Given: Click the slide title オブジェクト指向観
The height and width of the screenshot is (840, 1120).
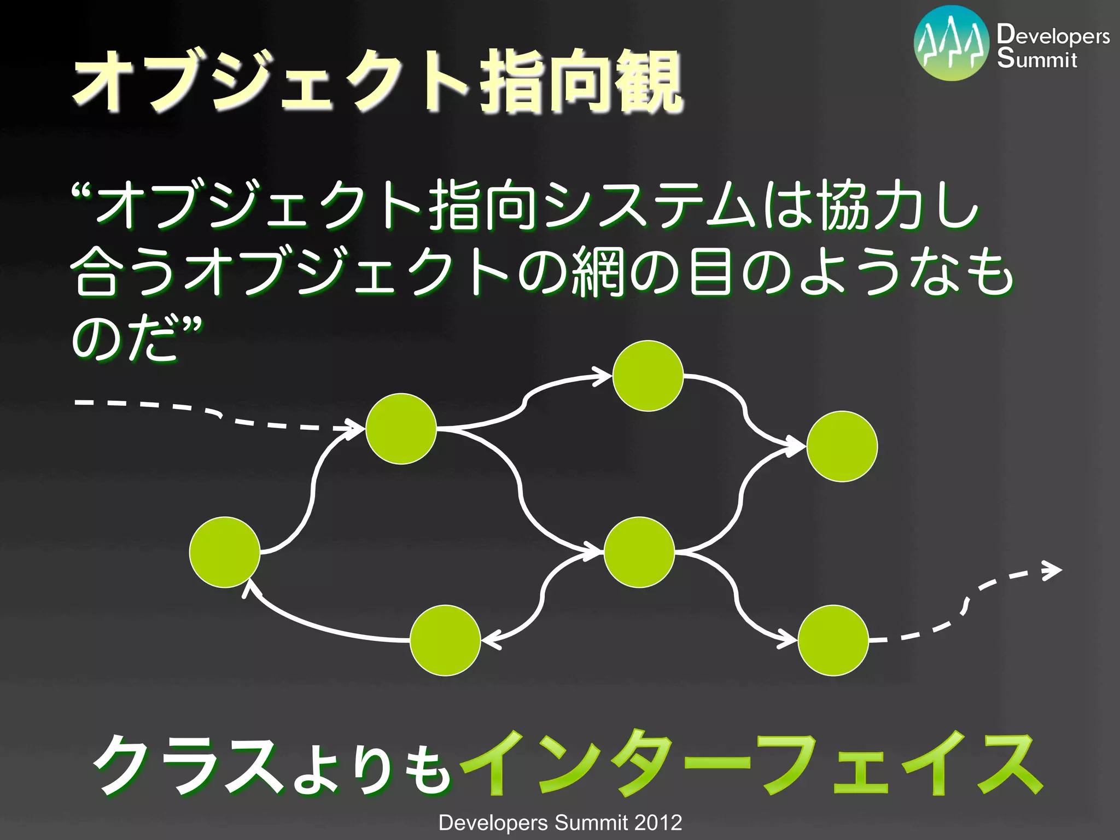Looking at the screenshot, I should pos(377,82).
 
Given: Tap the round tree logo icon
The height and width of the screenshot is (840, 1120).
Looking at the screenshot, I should pos(952,43).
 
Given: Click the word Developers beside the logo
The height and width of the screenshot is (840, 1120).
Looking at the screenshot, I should pos(1053,35).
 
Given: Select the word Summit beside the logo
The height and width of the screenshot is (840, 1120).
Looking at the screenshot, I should pos(1037,59).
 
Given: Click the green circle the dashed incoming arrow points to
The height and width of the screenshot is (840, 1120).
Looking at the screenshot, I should pos(401,429).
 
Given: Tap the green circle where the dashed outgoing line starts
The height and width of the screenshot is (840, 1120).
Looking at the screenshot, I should pos(833,640).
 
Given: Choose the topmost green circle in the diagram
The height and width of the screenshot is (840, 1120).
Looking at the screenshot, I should pos(648,376).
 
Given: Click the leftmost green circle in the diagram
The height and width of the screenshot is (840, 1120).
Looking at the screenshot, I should pos(225,552).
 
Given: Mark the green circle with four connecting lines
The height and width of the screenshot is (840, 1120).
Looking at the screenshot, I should pos(639,552).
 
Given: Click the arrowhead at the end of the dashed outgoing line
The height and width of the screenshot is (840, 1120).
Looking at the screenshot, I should pos(1053,570).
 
